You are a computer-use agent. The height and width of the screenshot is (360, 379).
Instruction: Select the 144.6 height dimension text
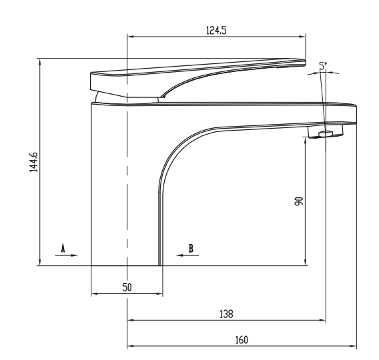click(x=33, y=162)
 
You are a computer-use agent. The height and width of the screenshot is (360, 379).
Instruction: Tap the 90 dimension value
click(x=300, y=201)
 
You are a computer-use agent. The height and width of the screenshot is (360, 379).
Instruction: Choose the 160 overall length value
click(x=242, y=339)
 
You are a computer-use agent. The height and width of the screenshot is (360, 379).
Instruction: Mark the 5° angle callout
click(x=324, y=65)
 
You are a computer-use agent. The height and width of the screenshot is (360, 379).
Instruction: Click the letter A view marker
click(x=63, y=247)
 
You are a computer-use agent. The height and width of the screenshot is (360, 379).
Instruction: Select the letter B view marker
click(x=191, y=247)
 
